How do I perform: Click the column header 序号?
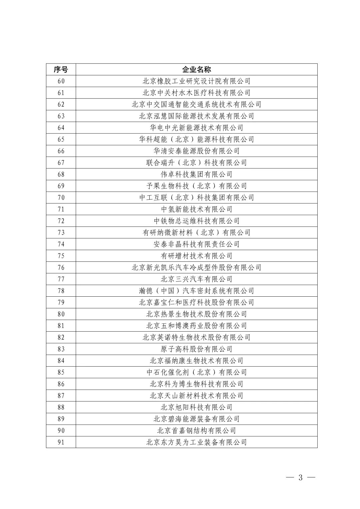(61, 69)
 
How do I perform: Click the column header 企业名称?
(196, 69)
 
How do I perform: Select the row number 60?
(61, 81)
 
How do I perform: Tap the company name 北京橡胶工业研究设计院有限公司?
(196, 81)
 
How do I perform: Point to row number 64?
(61, 128)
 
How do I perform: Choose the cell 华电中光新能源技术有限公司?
(196, 128)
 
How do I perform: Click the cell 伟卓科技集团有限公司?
(196, 174)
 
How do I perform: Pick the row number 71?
(61, 209)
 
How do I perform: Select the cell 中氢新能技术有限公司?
(196, 209)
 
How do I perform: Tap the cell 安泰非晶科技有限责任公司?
(196, 244)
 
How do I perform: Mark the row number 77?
(61, 279)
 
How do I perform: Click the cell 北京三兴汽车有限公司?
(196, 279)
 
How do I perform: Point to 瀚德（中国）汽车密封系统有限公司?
(196, 291)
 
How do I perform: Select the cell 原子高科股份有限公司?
(196, 349)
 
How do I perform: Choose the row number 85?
(61, 372)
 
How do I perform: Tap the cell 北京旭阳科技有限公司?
(196, 407)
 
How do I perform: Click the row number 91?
(61, 442)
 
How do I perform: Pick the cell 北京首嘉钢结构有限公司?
(196, 431)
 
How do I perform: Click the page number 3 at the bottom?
(300, 478)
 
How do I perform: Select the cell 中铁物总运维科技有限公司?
(196, 221)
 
